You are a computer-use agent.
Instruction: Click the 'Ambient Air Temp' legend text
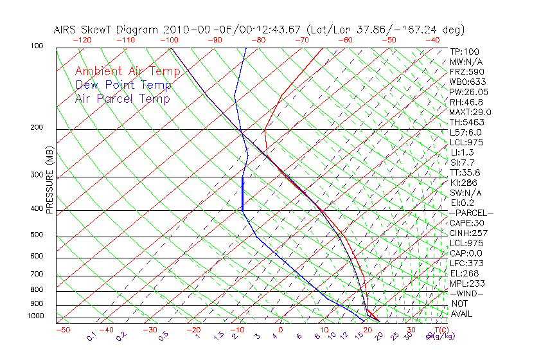[127, 71]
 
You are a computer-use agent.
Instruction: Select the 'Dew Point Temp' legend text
[123, 85]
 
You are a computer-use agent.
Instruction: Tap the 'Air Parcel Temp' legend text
[122, 98]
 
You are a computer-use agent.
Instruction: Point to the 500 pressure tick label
[37, 235]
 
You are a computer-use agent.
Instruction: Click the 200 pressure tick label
[37, 128]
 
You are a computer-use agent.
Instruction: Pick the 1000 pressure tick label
[35, 316]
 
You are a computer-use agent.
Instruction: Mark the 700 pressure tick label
[37, 274]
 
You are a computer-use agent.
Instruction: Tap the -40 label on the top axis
[432, 40]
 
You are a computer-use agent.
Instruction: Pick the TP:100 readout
[464, 51]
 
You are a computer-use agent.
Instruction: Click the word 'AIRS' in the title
[66, 30]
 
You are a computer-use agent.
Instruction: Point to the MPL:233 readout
[466, 283]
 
